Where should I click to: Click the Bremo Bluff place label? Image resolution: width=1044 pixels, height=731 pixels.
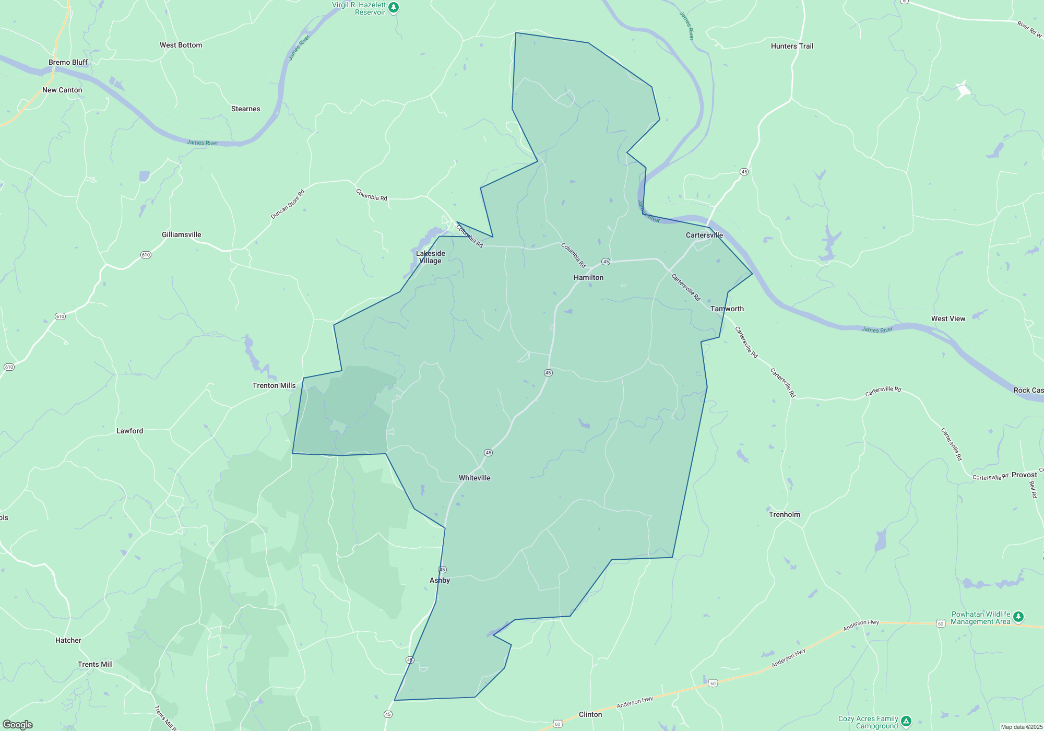point(68,62)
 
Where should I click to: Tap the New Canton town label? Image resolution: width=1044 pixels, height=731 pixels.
point(62,90)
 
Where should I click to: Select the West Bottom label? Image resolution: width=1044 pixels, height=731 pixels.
point(181,45)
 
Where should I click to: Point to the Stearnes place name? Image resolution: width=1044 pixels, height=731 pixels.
point(245,109)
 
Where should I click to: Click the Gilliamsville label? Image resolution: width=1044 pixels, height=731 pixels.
point(181,234)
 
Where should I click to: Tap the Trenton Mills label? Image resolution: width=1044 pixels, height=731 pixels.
point(274,385)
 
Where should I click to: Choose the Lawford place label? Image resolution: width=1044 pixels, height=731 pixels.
point(129,431)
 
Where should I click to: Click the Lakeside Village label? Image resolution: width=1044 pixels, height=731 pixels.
point(430,257)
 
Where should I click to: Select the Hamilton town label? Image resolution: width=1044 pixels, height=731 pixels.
point(588,277)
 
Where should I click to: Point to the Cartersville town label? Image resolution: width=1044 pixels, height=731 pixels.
point(704,235)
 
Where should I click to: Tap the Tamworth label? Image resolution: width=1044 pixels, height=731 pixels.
point(727,309)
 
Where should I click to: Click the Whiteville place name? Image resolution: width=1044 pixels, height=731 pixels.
point(474,478)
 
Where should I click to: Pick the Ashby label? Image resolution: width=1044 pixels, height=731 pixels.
point(440,580)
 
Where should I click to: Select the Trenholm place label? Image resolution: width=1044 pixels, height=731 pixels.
point(784,514)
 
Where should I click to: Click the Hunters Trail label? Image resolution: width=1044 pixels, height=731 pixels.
point(792,46)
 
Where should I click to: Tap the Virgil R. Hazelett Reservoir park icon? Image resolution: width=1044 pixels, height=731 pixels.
point(394,7)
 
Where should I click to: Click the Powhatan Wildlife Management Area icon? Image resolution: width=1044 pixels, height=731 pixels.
point(1018,618)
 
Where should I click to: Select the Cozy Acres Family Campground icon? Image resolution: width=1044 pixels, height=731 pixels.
point(906,722)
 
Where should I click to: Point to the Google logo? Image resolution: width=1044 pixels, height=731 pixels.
point(18,725)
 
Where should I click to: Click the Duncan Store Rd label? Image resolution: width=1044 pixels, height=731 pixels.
point(287,204)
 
